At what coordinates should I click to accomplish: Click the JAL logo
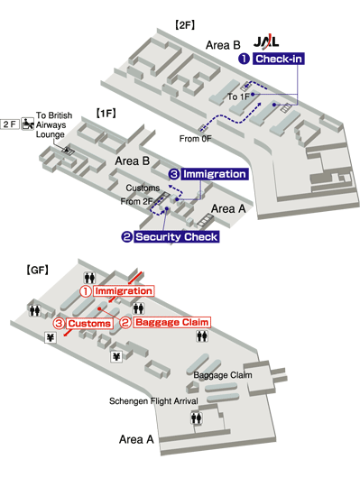(x=266, y=41)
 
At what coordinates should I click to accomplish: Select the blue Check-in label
(x=279, y=59)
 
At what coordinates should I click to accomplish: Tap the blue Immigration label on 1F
(x=215, y=174)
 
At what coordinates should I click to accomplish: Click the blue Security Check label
(x=177, y=237)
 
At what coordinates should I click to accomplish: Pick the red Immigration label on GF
(x=124, y=291)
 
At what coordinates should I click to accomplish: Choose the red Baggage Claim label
(x=171, y=322)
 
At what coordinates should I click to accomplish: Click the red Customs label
(x=89, y=324)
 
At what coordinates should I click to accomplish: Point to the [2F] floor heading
(x=185, y=25)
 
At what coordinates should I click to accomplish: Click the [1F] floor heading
(x=106, y=113)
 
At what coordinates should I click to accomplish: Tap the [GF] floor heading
(x=37, y=270)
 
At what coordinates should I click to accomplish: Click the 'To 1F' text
(x=238, y=96)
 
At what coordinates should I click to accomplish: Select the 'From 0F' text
(x=196, y=139)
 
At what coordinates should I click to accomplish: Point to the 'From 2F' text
(x=136, y=201)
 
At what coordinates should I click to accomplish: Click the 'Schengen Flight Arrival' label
(x=153, y=401)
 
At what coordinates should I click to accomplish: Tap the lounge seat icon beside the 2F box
(x=28, y=124)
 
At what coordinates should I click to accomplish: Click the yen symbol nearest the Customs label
(x=51, y=337)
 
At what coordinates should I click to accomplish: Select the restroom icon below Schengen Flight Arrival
(x=197, y=418)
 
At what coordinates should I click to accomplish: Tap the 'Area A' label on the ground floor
(x=136, y=439)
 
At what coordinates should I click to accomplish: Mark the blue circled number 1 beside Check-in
(x=245, y=59)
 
